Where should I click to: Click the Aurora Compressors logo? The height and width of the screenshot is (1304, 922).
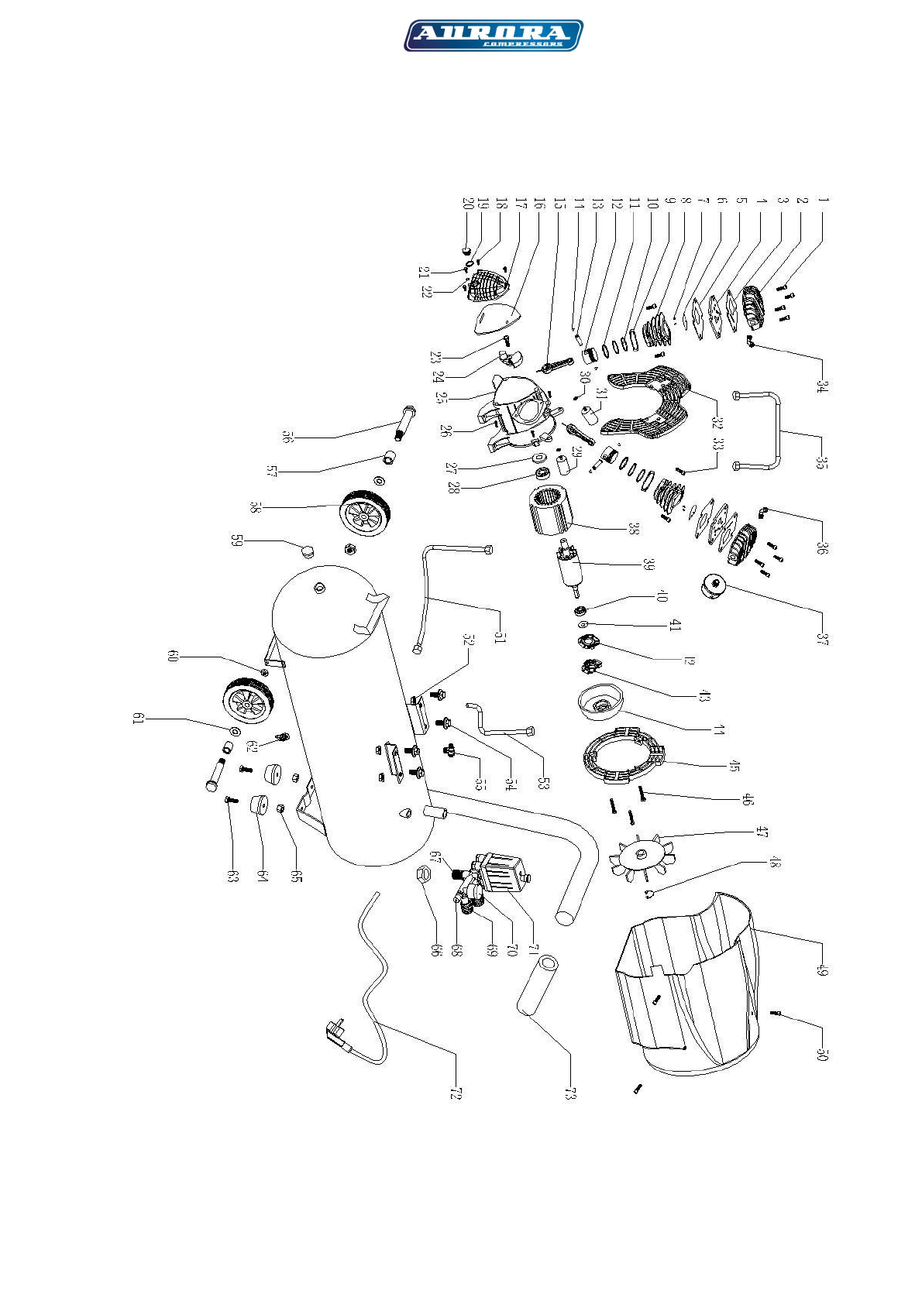point(493,36)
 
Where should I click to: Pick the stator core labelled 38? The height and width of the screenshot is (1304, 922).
point(549,512)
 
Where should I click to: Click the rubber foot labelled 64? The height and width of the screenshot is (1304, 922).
point(257,805)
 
